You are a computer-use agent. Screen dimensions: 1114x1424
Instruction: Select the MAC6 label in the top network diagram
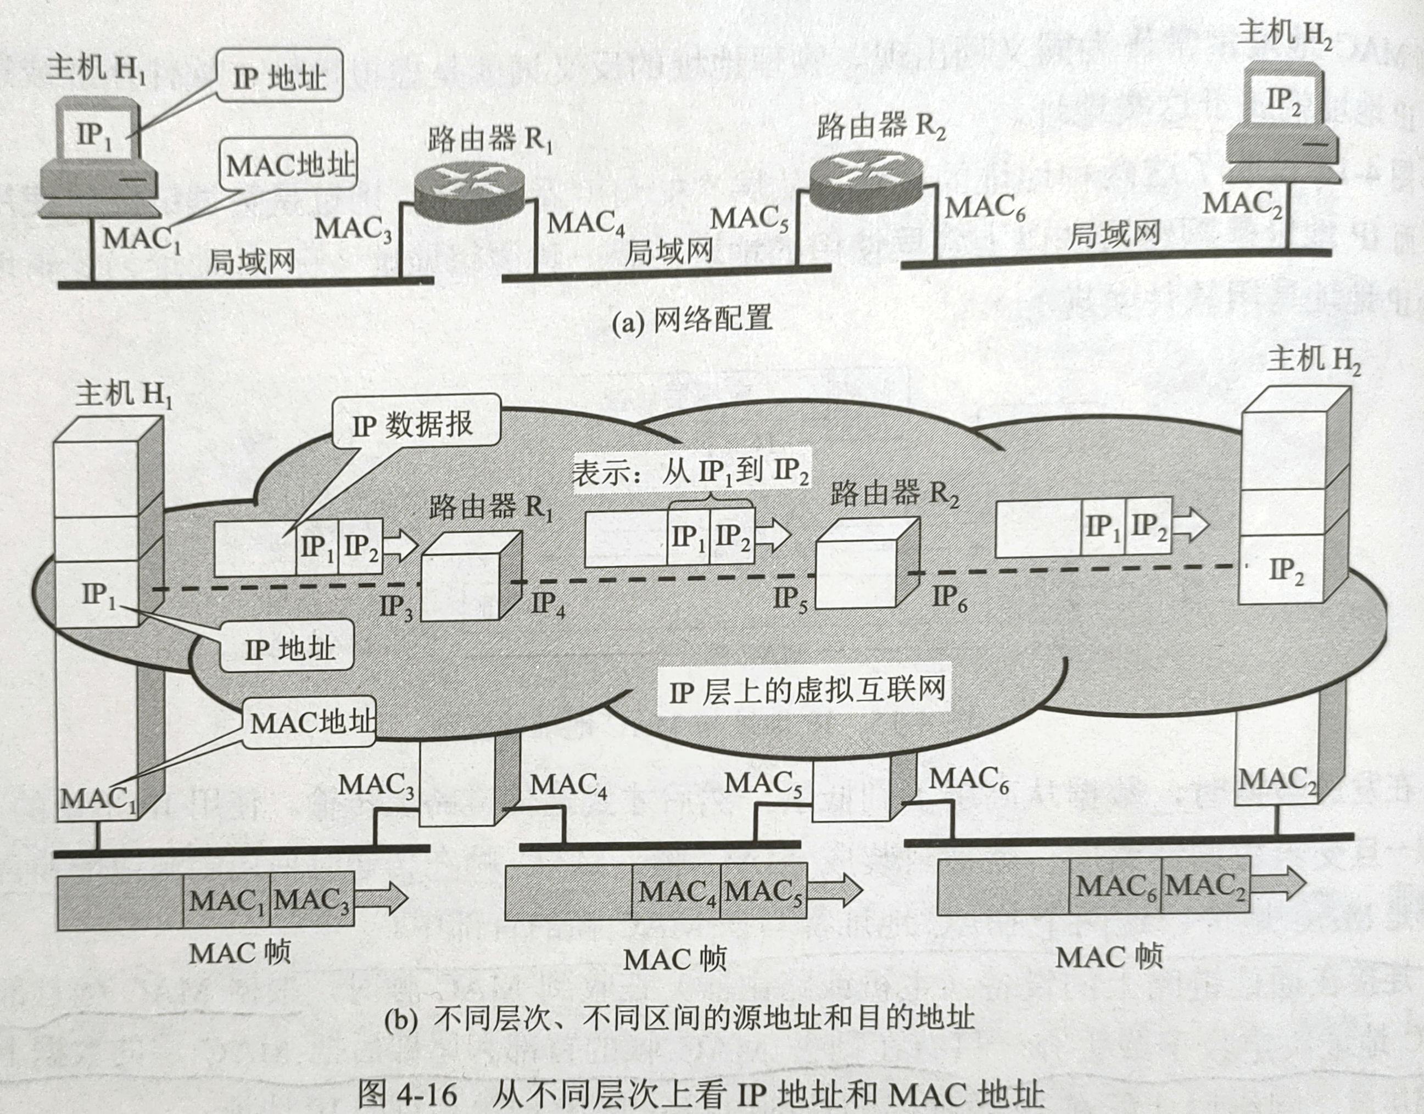pos(985,208)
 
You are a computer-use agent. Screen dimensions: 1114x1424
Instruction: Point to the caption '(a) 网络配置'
pos(691,320)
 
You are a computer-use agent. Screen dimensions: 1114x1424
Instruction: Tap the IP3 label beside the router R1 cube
pos(397,607)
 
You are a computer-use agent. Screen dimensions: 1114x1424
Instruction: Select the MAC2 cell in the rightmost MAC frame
pos(1205,886)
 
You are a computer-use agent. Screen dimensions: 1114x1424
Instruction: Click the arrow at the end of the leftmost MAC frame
pos(381,898)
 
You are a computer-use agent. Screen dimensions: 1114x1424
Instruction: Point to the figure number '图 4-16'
pos(407,1094)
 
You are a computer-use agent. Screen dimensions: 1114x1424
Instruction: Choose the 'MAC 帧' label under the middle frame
pos(674,959)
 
